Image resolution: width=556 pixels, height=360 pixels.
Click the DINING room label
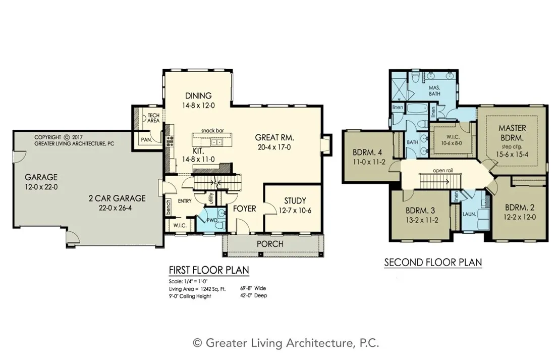tap(198, 96)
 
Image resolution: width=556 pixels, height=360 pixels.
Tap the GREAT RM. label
tap(274, 137)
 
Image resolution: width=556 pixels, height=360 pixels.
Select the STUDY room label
tap(295, 201)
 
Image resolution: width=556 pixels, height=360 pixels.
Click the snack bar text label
tap(212, 130)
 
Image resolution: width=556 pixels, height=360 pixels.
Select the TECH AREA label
tap(153, 119)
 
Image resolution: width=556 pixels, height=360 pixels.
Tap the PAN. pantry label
tap(146, 140)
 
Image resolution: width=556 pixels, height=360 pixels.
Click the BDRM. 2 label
tap(519, 207)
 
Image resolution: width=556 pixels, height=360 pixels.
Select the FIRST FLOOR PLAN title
tap(208, 271)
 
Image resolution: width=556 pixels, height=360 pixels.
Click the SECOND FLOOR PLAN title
tap(433, 263)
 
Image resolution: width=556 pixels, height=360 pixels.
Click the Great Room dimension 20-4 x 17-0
tap(274, 147)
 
